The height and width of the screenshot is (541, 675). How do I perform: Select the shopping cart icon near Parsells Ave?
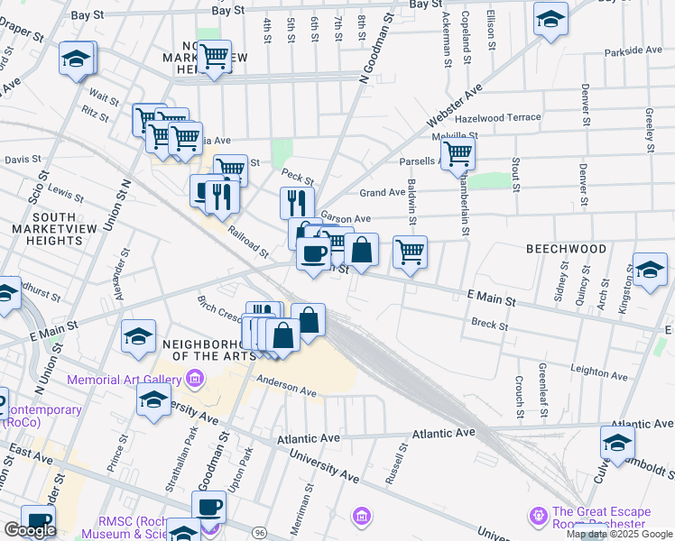[x=458, y=154]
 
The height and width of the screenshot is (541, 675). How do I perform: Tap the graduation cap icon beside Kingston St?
[x=649, y=270]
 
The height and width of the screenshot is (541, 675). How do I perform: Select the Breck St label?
[x=488, y=323]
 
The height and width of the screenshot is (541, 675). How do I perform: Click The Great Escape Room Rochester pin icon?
[x=539, y=515]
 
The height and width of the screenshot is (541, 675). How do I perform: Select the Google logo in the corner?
[x=30, y=530]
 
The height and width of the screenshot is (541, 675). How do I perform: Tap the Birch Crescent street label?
[x=220, y=307]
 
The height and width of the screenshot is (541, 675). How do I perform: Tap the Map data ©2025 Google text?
[x=619, y=534]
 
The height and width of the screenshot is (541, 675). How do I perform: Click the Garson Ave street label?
[x=347, y=219]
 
